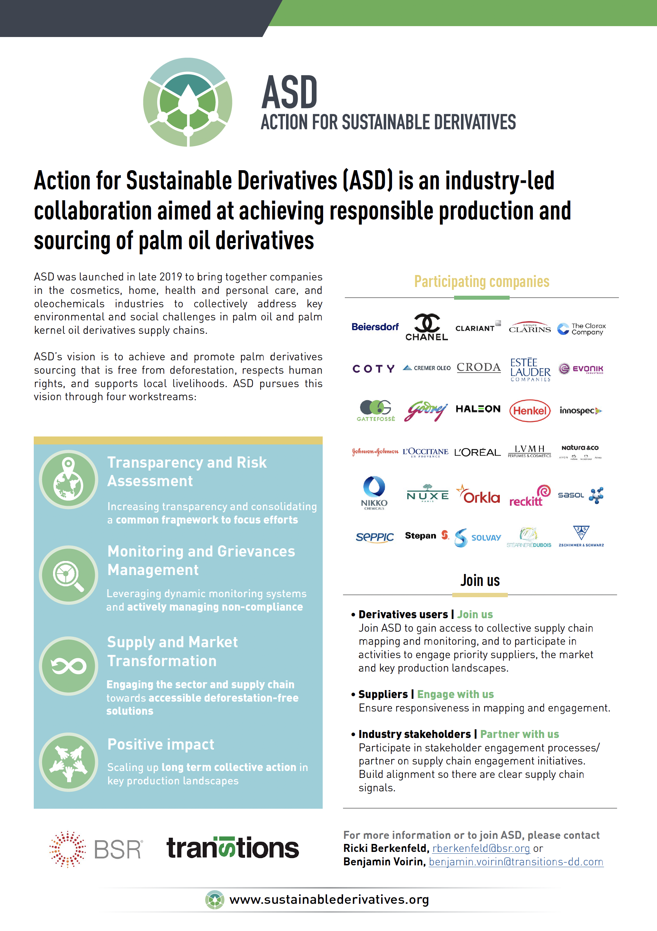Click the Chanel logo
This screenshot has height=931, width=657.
pos(427,327)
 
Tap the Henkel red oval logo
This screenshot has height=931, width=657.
pos(530,411)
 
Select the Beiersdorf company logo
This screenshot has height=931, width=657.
pos(375,327)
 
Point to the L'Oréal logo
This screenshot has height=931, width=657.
pos(477,452)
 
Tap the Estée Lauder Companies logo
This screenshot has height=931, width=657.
pos(530,369)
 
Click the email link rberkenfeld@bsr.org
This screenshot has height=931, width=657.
pos(481,848)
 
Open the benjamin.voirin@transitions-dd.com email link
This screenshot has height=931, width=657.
pos(516,862)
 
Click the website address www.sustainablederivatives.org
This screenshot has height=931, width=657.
pos(329,899)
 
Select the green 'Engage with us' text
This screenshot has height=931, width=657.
pos(456,694)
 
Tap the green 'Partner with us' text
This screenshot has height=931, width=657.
pos(519,734)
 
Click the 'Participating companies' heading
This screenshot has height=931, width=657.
pos(481,282)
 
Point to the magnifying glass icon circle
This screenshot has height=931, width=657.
pos(69,575)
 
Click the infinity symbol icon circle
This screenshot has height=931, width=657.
pos(69,666)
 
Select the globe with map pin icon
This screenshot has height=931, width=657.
pos(69,479)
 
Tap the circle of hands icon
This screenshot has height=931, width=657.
pos(69,762)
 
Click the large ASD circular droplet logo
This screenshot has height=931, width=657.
pos(187,102)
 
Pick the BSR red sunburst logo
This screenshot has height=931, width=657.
pos(67,849)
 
